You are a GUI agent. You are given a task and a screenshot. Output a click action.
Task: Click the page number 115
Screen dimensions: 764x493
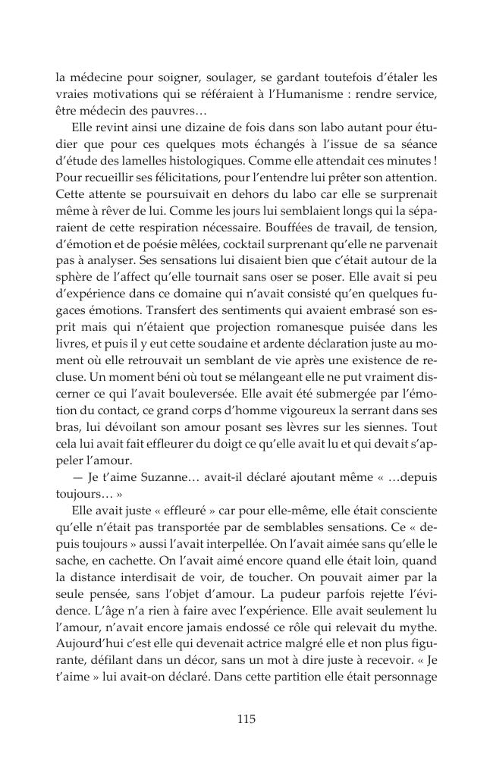point(246,718)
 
